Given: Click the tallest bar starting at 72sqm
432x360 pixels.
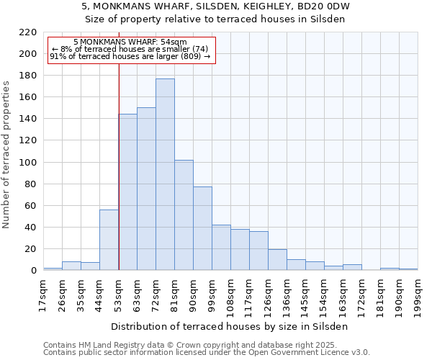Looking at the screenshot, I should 165,174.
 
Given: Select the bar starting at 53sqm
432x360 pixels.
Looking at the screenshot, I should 127,192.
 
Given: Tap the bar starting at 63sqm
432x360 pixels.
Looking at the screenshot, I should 146,189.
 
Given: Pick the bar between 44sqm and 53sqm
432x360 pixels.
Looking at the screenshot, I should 109,240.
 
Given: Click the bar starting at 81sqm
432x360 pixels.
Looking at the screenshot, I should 184,215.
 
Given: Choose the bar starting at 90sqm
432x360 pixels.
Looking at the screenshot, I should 202,228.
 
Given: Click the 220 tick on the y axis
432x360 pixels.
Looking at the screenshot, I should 29,32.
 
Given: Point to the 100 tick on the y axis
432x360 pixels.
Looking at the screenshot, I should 29,163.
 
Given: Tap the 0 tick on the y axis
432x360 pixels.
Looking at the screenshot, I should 33,271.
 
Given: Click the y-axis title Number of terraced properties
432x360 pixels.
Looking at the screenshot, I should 6,154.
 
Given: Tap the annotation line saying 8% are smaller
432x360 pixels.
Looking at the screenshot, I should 130,49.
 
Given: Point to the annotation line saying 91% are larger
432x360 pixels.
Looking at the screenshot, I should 130,56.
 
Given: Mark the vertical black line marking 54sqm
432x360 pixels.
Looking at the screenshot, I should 118,166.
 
